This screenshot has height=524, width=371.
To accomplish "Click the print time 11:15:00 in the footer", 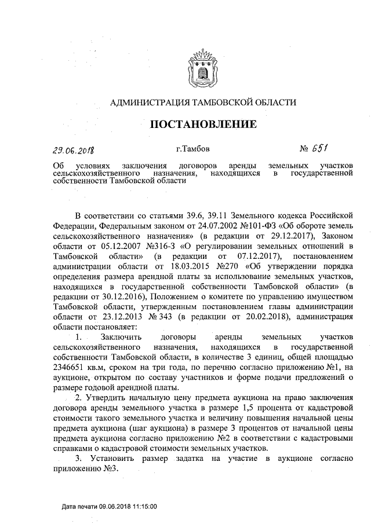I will pyautogui.click(x=143, y=506).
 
